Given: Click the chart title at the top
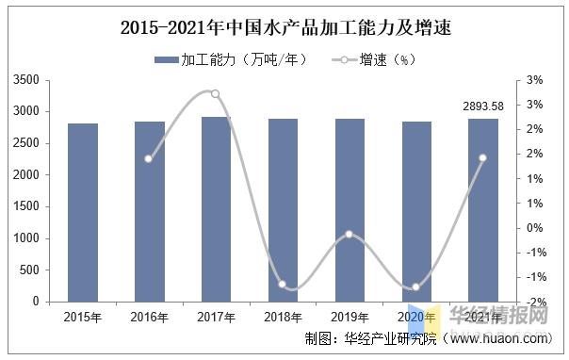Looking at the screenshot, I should (285, 27).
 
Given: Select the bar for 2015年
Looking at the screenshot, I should (82, 213).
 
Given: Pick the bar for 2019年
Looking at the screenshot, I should (350, 210).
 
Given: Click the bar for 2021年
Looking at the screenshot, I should (483, 210).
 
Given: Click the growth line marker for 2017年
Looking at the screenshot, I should (216, 93).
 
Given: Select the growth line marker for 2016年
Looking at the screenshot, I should (149, 158).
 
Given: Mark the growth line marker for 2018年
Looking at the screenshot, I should (283, 284).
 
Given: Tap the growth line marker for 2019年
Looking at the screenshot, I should (350, 234).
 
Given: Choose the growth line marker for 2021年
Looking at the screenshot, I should (483, 158).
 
